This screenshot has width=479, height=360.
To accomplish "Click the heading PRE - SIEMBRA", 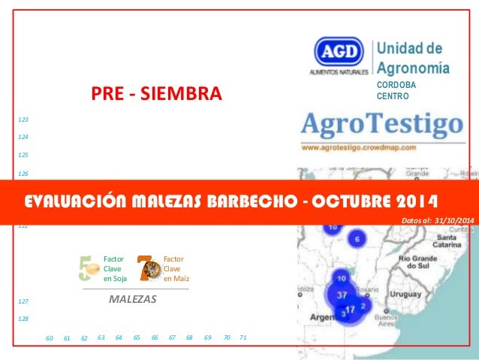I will tap(156, 95).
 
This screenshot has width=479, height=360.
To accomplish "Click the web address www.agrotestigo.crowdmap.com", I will tap(359, 148).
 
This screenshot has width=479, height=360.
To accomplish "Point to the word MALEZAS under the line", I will tap(133, 298).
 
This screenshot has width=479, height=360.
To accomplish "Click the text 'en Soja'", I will tap(115, 278).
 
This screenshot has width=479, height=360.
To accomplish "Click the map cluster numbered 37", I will tap(342, 295).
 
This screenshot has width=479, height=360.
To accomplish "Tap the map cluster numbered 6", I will tap(357, 239).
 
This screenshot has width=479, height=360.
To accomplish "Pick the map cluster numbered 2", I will tap(363, 306).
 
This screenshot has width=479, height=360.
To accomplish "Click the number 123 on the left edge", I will tap(23, 119).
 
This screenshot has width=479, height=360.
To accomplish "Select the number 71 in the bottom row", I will tap(243, 338).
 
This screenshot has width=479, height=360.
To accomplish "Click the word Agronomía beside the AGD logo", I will tap(412, 69).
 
